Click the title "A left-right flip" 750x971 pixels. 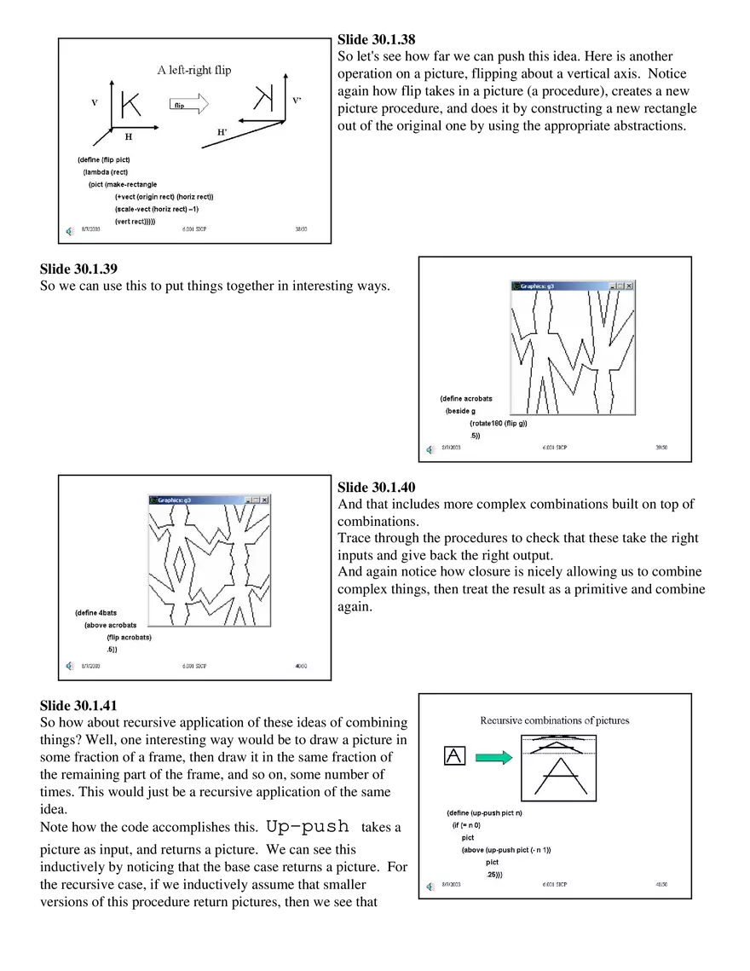click(x=193, y=70)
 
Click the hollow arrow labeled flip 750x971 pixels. click(x=188, y=104)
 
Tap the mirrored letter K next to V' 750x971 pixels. click(x=264, y=99)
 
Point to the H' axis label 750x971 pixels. click(x=222, y=132)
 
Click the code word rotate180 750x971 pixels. click(x=486, y=424)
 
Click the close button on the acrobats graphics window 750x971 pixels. click(x=629, y=286)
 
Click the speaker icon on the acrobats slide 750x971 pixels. click(x=430, y=449)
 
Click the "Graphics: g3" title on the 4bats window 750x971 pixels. click(x=174, y=500)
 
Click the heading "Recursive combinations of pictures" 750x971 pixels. click(x=554, y=720)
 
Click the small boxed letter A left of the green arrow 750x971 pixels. click(x=455, y=755)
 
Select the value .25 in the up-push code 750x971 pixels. click(x=493, y=874)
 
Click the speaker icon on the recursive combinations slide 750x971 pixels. click(x=430, y=886)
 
